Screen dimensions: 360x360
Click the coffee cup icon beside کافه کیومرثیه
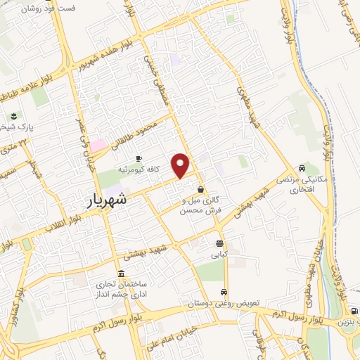tap(139, 158)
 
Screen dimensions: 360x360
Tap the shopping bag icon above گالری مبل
tap(202, 189)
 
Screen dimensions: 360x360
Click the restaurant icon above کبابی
tap(219, 245)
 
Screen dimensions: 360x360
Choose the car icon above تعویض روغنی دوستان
tap(224, 292)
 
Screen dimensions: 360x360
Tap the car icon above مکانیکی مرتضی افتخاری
tap(302, 169)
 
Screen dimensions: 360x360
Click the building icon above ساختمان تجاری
tap(122, 274)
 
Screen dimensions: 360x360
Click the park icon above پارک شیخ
tap(13, 116)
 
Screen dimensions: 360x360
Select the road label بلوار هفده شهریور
tap(103, 55)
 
